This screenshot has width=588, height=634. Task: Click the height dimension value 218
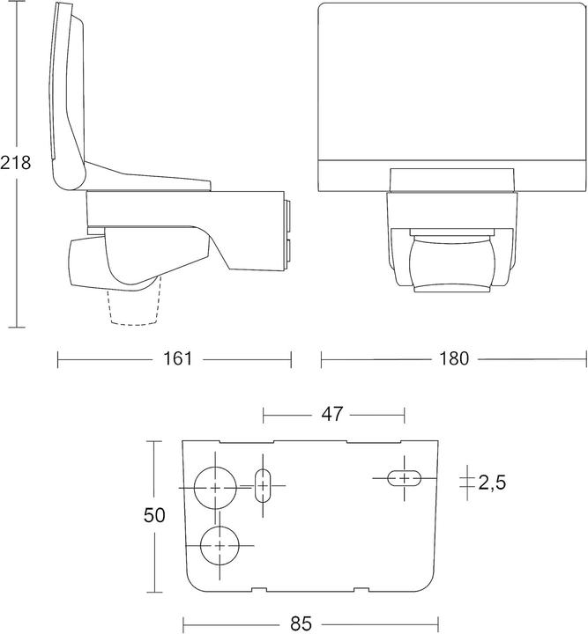point(16,163)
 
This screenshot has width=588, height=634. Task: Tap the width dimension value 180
point(454,359)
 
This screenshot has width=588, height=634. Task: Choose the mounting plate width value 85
point(301,623)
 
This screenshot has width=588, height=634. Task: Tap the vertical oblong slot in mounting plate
point(263,485)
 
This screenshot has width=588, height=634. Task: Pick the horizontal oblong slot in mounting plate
point(405,478)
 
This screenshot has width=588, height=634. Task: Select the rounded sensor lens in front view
point(452,262)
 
